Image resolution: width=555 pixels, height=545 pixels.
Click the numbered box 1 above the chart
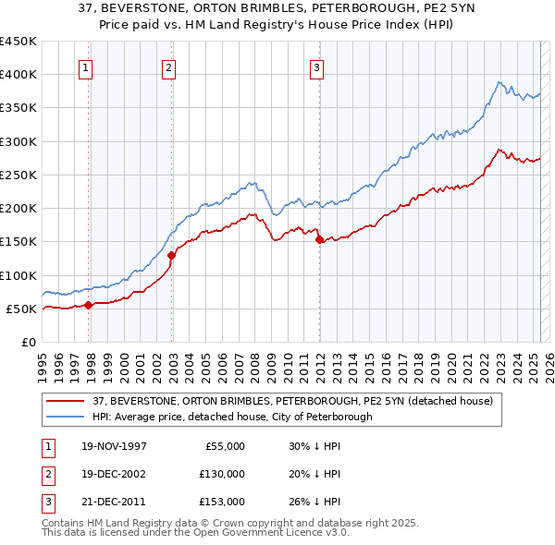(85, 67)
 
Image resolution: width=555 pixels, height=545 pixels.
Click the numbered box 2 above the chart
(168, 67)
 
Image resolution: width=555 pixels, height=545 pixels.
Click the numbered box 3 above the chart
(316, 67)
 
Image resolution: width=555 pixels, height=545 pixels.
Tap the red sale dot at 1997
(89, 305)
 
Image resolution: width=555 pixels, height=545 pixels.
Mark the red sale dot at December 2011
(319, 239)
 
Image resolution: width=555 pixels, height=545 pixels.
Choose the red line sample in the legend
(66, 401)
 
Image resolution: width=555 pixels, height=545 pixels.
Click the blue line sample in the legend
(66, 417)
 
